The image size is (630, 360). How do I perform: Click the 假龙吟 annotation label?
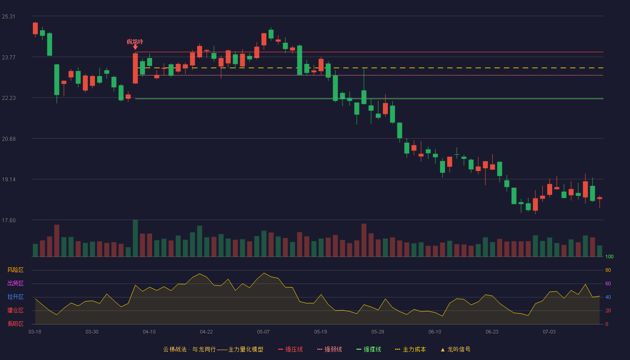click(x=135, y=41)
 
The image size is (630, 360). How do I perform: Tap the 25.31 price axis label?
click(x=9, y=17)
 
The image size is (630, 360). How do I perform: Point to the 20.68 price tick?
click(x=9, y=139)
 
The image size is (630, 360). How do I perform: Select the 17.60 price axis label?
click(x=9, y=220)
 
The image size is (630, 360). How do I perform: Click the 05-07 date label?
click(x=263, y=332)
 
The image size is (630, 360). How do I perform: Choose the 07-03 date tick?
click(x=549, y=332)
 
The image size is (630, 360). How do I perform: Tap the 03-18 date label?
click(x=35, y=332)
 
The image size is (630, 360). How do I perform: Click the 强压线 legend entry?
click(x=290, y=349)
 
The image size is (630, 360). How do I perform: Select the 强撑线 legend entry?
click(x=369, y=349)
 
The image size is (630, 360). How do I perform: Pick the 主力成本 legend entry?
click(x=410, y=349)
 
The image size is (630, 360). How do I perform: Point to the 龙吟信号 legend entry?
click(x=455, y=349)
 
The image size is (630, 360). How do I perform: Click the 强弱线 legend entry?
click(x=329, y=349)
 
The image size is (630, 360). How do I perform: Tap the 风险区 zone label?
click(x=15, y=270)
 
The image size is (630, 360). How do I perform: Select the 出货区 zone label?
click(x=15, y=283)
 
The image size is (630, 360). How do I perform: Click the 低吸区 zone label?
click(x=15, y=324)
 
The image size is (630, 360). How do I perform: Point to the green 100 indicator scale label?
click(x=609, y=256)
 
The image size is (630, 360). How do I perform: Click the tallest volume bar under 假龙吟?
click(x=135, y=238)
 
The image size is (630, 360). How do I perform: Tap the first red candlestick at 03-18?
click(x=35, y=28)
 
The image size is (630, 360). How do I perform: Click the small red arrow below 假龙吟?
click(x=135, y=47)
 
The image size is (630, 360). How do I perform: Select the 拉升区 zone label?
click(x=15, y=297)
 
